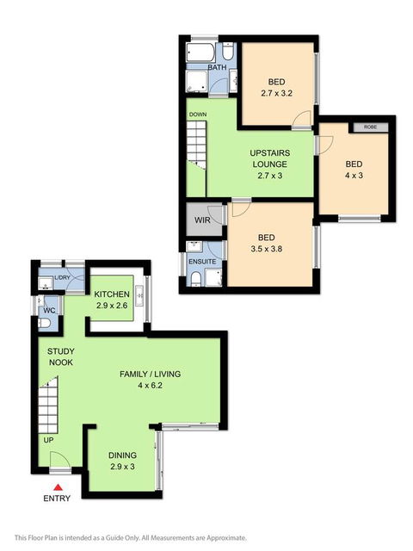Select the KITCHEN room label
[x=112, y=294]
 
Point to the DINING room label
[x=122, y=455]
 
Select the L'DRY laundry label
[x=61, y=278]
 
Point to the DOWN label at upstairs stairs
[x=198, y=114]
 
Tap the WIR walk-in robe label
[x=203, y=220]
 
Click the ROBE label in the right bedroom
[x=370, y=127]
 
